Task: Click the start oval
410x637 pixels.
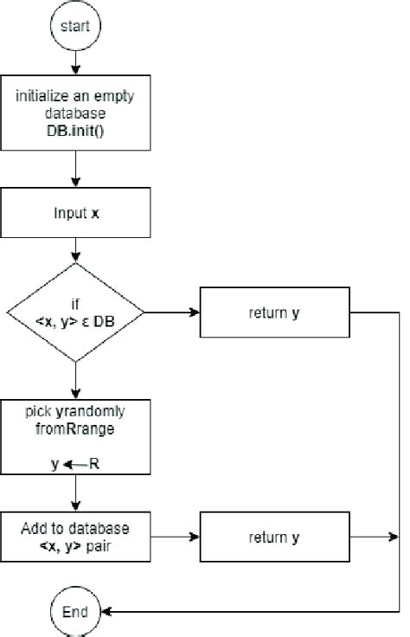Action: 75,26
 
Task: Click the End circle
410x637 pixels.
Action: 75,611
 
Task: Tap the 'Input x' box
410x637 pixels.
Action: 75,212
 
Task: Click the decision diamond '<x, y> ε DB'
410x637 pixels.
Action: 75,312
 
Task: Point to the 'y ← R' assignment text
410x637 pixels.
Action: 75,463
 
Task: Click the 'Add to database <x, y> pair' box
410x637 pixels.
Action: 75,537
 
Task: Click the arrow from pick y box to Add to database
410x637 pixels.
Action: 75,497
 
